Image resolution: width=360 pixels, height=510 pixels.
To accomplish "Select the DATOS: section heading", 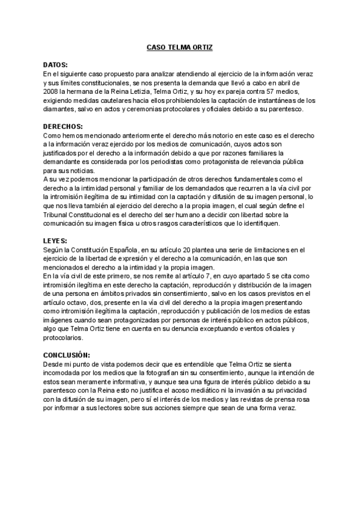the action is (x=56, y=64).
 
